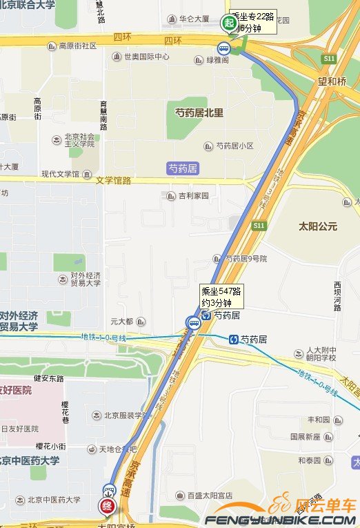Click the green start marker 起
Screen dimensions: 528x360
(228, 23)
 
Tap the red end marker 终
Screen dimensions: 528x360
(108, 505)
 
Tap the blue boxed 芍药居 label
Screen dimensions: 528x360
(183, 168)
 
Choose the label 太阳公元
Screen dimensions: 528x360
(318, 226)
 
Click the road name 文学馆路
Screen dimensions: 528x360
(113, 181)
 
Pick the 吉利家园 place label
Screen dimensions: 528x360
(189, 196)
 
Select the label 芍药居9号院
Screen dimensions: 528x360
(241, 259)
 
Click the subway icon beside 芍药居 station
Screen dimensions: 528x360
(234, 339)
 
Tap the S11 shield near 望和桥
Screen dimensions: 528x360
(328, 59)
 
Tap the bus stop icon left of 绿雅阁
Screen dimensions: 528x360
(223, 48)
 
